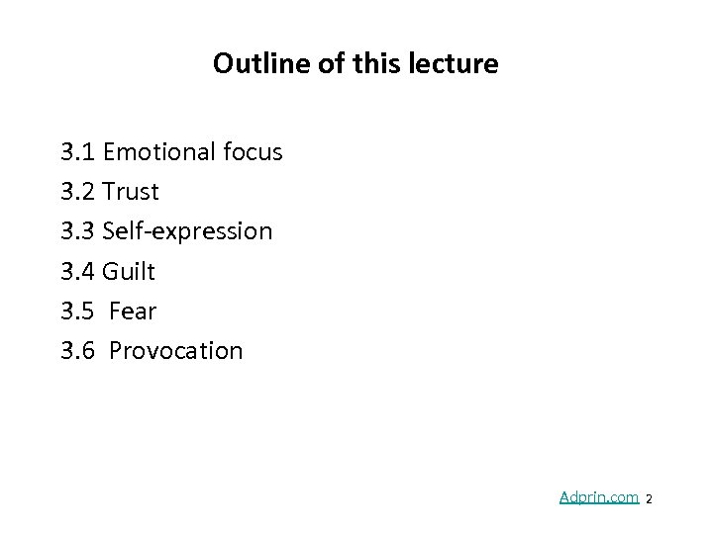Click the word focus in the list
tap(252, 152)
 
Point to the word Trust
tap(131, 192)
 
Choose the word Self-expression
tap(187, 231)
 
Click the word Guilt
tap(130, 271)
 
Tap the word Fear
tap(133, 311)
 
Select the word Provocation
tap(175, 350)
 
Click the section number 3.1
tap(78, 152)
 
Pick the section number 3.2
tap(78, 192)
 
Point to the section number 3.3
tap(78, 231)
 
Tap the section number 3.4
tap(78, 271)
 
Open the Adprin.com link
tap(598, 497)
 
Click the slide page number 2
tap(649, 500)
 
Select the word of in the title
tap(316, 65)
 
